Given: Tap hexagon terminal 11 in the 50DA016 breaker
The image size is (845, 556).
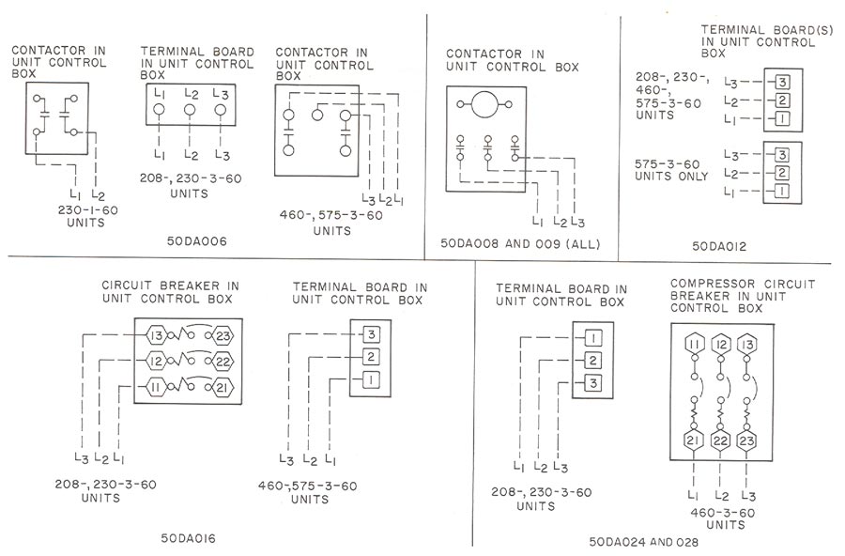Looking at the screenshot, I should (x=155, y=387).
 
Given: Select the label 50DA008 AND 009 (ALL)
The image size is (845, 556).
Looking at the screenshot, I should (x=520, y=245).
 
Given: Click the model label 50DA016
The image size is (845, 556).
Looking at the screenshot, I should (x=192, y=539).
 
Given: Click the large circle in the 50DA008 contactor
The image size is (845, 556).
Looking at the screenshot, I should (x=487, y=104).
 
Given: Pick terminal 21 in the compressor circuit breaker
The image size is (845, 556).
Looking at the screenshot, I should (x=693, y=440).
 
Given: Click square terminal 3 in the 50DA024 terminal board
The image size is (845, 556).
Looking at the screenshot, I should (x=594, y=383).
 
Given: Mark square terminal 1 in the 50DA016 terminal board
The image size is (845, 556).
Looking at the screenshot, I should (x=372, y=379).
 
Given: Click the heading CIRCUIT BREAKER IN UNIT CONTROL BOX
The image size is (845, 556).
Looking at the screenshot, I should (x=170, y=292).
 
